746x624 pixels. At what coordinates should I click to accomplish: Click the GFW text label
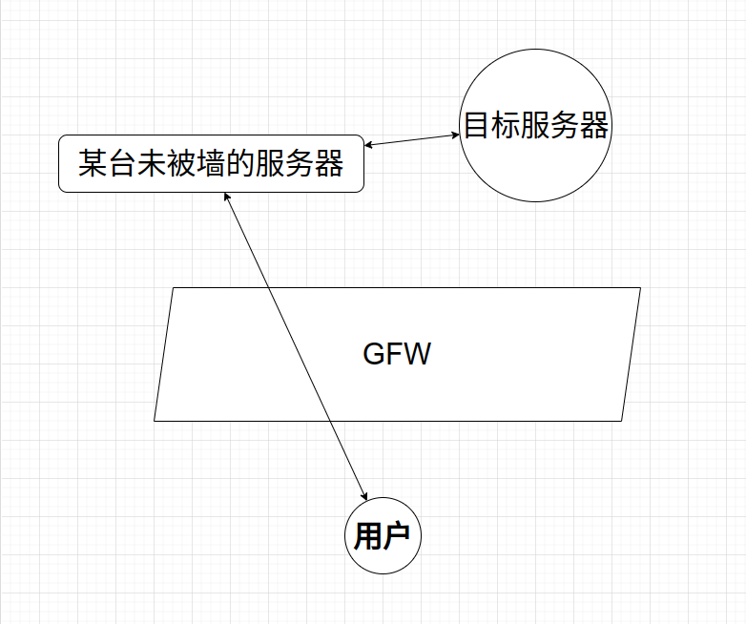(397, 355)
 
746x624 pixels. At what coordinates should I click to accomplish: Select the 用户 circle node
(382, 536)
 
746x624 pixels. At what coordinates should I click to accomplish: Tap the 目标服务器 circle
(534, 126)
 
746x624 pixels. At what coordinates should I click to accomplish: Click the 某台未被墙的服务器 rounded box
(211, 164)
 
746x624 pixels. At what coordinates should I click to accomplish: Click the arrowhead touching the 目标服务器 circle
(456, 135)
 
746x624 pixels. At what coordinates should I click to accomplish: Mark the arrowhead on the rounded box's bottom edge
(225, 196)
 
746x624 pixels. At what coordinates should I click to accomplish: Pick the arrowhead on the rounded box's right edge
(369, 146)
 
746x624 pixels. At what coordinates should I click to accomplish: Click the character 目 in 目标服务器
(476, 126)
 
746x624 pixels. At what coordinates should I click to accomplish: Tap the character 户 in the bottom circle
(396, 537)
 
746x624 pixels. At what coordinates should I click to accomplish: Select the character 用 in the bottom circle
(367, 537)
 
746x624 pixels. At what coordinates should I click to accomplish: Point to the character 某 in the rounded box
(93, 164)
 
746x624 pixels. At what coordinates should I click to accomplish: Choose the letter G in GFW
(374, 355)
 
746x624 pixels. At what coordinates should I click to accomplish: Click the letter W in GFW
(419, 355)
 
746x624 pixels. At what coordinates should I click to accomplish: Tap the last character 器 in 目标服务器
(593, 126)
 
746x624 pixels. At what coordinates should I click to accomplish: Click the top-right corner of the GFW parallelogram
(639, 287)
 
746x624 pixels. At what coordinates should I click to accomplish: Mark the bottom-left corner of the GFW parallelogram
(155, 420)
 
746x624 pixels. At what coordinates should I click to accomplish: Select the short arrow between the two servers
(412, 140)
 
